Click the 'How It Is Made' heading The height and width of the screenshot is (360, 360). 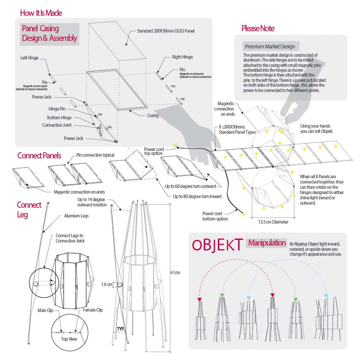click(x=41, y=13)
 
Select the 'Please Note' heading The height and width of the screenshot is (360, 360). click(x=258, y=29)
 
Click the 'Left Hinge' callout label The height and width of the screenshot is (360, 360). click(x=29, y=58)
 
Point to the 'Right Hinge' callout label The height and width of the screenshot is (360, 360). click(x=182, y=57)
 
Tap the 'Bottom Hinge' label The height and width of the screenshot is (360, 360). click(x=59, y=118)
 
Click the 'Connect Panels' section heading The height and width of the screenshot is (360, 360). click(x=39, y=156)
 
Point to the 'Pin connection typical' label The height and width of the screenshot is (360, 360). click(x=95, y=155)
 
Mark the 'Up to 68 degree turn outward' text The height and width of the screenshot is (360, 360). click(x=191, y=187)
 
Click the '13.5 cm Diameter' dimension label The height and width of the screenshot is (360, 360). click(x=273, y=222)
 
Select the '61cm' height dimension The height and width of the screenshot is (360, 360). click(x=175, y=273)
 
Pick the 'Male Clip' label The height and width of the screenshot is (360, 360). click(x=45, y=310)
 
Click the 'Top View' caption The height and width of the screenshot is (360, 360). click(x=69, y=339)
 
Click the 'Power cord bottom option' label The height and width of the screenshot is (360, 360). click(x=215, y=216)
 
